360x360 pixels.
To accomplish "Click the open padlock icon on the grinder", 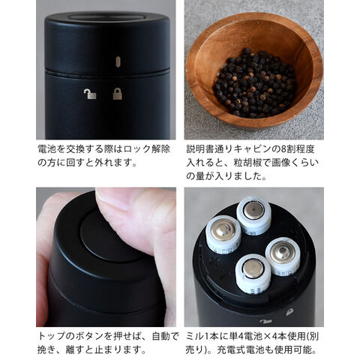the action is (90, 94).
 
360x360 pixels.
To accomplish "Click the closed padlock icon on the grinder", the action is (118, 94).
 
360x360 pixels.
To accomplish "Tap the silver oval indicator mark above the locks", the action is (118, 61).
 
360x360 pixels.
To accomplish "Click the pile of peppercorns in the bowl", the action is (254, 83).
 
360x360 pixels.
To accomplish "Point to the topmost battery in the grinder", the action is (253, 215).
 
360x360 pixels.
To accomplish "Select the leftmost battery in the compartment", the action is (223, 235).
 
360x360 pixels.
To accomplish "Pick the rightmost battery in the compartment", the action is (283, 255).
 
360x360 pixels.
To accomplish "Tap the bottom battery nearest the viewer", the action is (253, 274).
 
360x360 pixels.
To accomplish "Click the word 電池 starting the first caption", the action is (45, 149).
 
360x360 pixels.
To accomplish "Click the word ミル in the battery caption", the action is (195, 336).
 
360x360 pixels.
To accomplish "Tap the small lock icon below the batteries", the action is (289, 311).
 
